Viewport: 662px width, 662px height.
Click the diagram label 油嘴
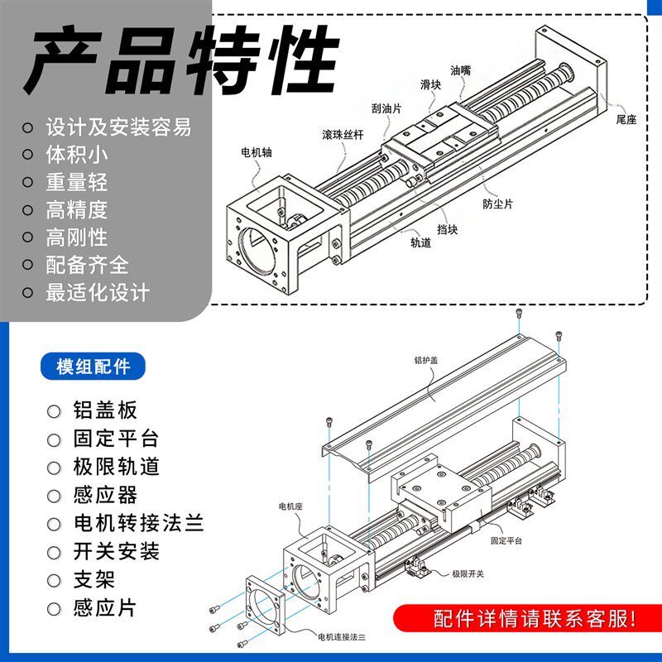pos(461,71)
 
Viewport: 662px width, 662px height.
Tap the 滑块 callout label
pos(430,84)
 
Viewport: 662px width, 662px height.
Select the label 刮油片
pos(386,108)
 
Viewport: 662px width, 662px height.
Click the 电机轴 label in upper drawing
pos(256,152)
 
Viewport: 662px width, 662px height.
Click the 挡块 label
pos(447,229)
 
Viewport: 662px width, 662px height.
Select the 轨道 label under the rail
pos(420,243)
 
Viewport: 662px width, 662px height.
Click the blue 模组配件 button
pos(92,366)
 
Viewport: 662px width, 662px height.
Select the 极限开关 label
pos(468,573)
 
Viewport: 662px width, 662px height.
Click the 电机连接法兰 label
pos(342,636)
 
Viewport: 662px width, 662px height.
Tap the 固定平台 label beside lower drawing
pos(506,540)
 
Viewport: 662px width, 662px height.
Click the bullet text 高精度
pos(77,209)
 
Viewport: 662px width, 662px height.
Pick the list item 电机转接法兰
pos(138,523)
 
